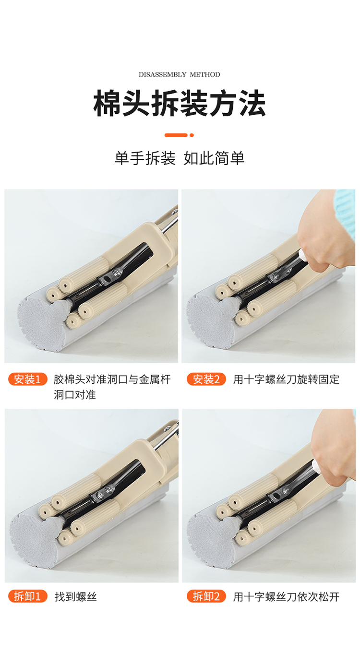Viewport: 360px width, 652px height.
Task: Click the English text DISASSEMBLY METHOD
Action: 179,74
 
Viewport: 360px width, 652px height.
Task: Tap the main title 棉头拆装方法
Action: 180,103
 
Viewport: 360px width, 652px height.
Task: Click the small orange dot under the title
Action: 192,135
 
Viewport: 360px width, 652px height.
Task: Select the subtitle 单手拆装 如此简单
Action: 180,158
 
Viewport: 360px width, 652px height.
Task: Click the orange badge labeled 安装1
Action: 28,379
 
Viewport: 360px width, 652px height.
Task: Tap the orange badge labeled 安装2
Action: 206,379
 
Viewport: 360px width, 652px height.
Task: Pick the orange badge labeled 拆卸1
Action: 28,596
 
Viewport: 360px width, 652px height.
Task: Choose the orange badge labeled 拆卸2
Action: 206,596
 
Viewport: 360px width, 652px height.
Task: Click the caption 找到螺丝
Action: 76,597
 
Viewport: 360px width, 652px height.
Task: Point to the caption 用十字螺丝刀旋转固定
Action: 286,379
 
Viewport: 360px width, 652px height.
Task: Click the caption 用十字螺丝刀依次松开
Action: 286,597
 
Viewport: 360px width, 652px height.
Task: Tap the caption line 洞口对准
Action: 74,395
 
